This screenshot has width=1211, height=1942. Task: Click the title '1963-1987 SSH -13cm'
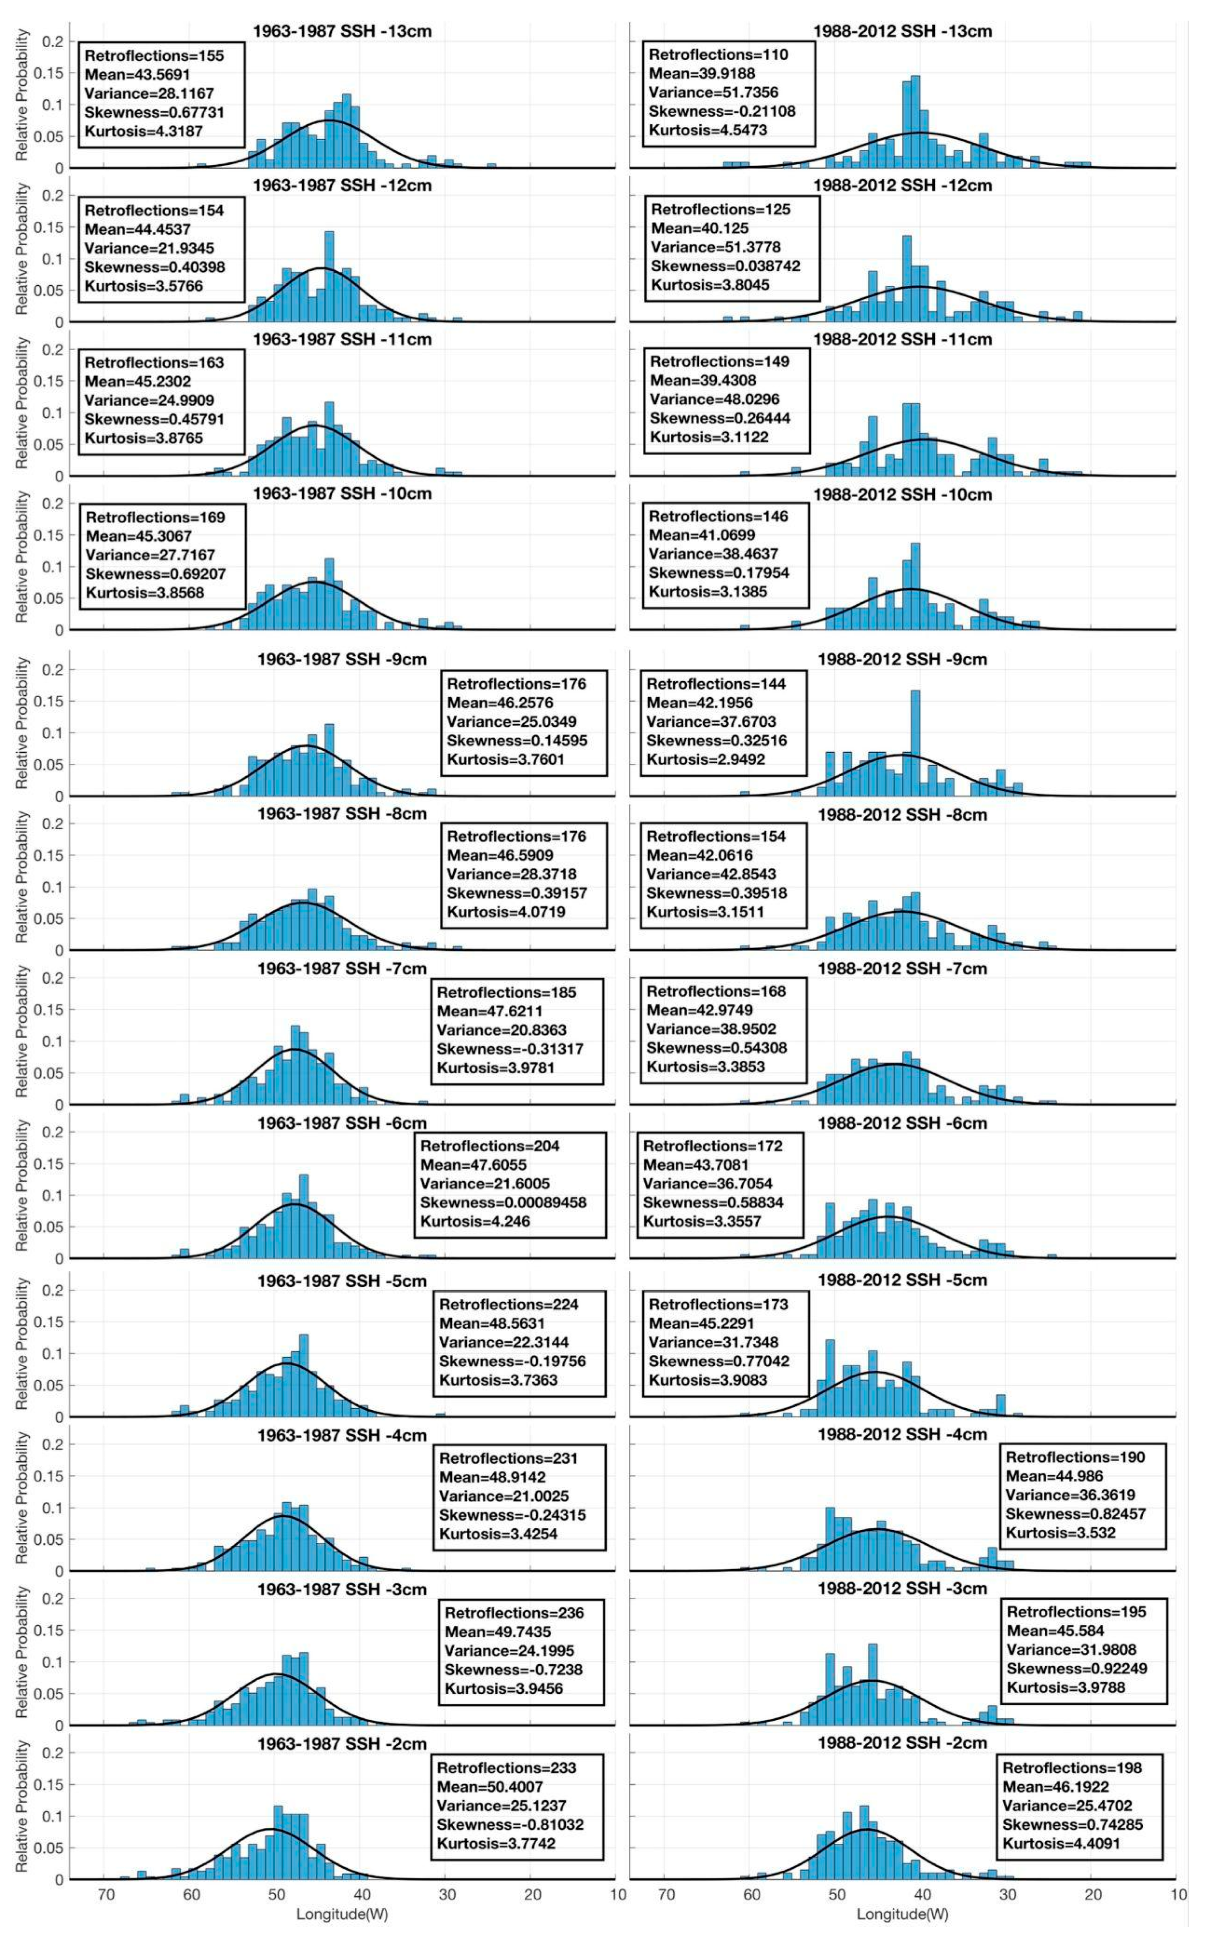point(342,31)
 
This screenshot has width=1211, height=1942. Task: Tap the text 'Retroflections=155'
point(154,55)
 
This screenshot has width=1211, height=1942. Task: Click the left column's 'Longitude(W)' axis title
point(342,1930)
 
